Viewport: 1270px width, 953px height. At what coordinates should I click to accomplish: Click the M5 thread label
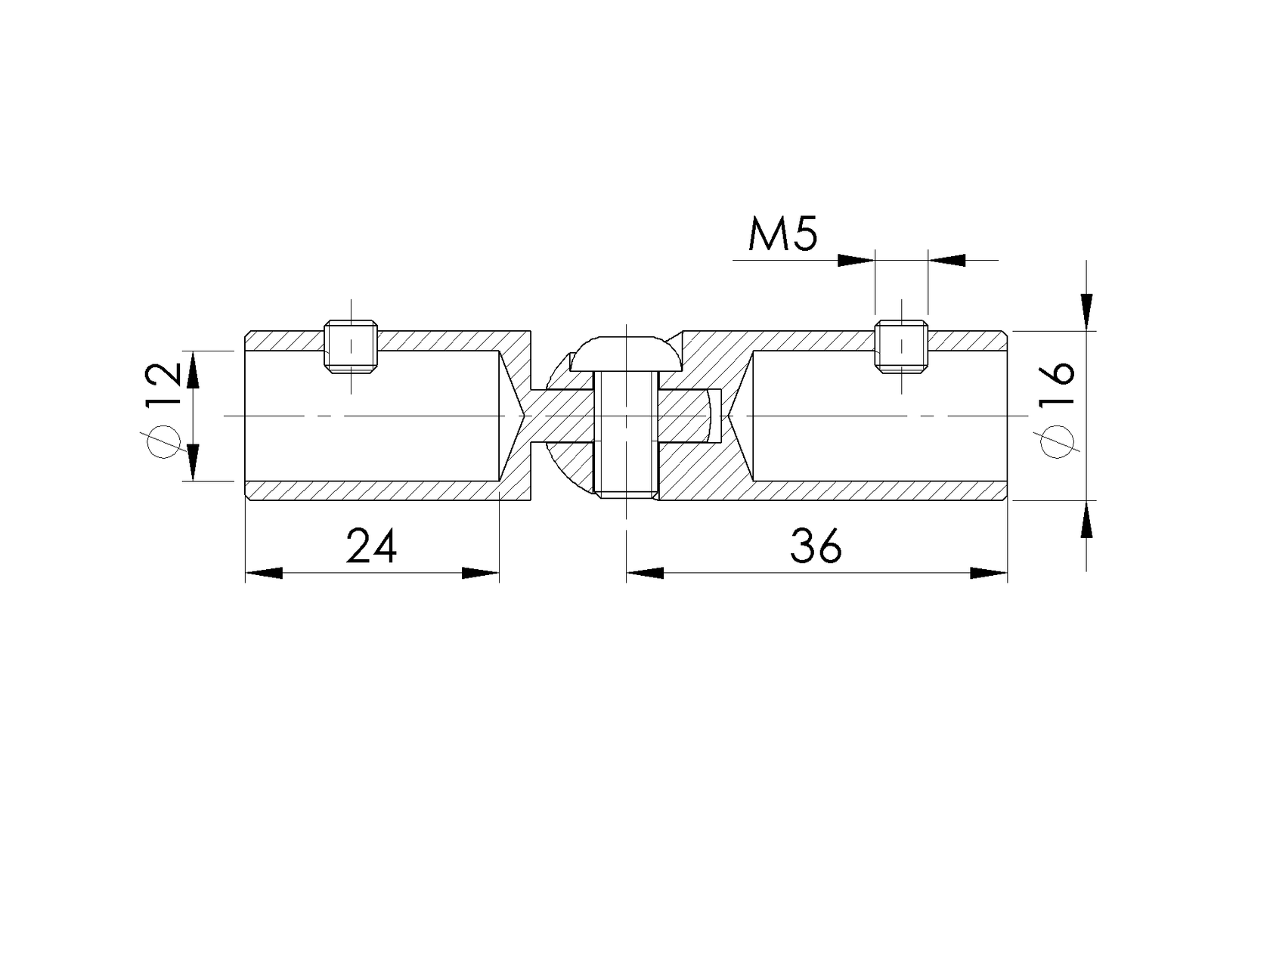(782, 235)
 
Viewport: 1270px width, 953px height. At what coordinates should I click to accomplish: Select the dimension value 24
(371, 546)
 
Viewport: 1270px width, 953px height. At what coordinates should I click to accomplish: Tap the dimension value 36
(816, 546)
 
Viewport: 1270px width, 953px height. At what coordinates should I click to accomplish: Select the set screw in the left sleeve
(352, 347)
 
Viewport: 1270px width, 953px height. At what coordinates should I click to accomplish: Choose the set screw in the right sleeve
(901, 347)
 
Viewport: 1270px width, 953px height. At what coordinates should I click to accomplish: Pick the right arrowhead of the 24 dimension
(481, 574)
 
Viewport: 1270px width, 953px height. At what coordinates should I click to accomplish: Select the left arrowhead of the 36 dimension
(644, 574)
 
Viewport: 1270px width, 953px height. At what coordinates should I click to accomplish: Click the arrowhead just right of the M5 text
(856, 260)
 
